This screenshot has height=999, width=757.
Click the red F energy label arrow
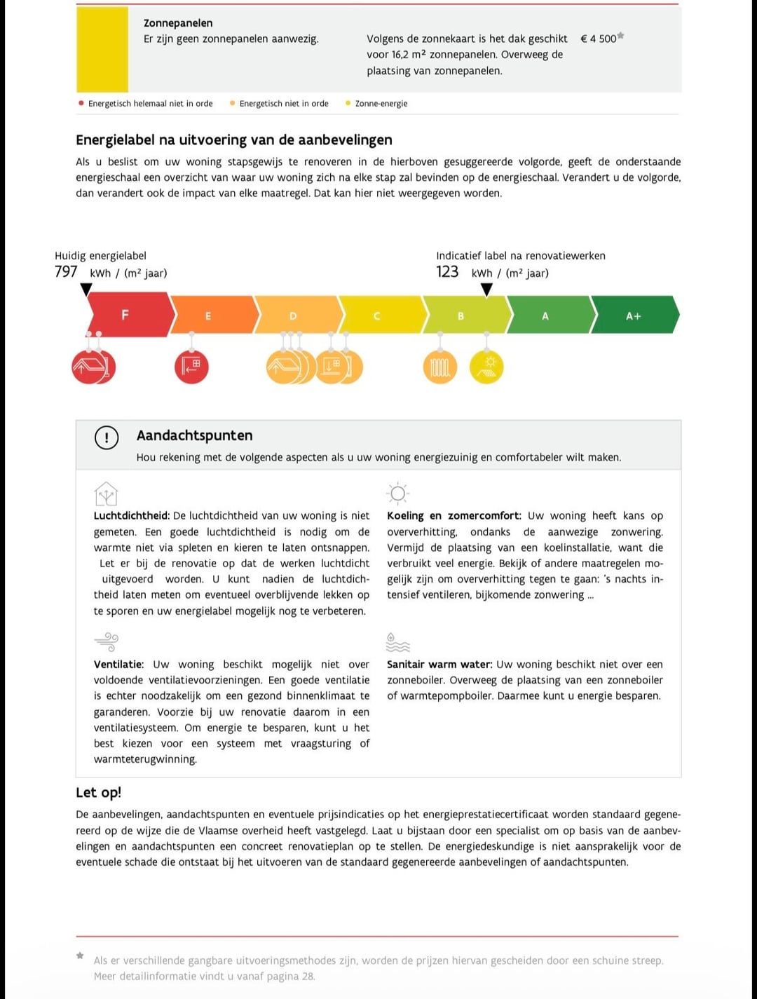(126, 315)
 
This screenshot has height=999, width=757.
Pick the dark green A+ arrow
(634, 315)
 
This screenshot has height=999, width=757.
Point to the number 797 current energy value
(66, 271)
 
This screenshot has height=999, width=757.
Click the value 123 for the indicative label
(447, 271)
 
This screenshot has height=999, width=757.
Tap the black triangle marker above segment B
(486, 289)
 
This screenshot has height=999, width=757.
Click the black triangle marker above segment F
(86, 289)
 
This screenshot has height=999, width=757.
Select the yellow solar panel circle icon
(486, 367)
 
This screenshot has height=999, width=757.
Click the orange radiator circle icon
(440, 367)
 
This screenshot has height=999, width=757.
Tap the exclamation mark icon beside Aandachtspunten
(107, 438)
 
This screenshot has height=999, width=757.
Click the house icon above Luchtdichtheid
(106, 494)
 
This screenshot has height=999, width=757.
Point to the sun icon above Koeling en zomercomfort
(397, 494)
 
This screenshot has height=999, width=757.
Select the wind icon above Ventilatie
(106, 641)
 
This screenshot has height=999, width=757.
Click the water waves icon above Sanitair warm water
(397, 641)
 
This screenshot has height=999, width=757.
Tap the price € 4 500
(599, 39)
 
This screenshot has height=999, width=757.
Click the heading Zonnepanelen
(178, 23)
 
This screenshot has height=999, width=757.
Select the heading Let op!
(98, 792)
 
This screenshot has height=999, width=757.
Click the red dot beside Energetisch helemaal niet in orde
(81, 103)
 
